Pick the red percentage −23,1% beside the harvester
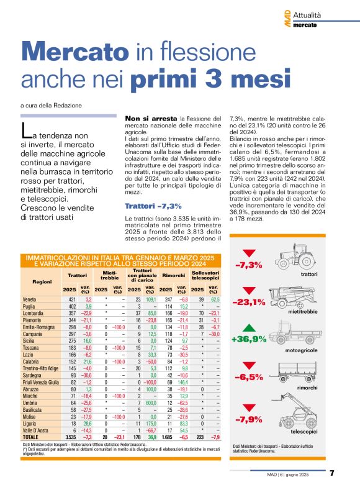pos(248,302)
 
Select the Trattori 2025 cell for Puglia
pos(69,307)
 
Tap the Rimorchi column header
pos(174,275)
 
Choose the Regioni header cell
pos(42,281)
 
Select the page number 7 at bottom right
pos(332,473)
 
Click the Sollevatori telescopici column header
pos(205,275)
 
